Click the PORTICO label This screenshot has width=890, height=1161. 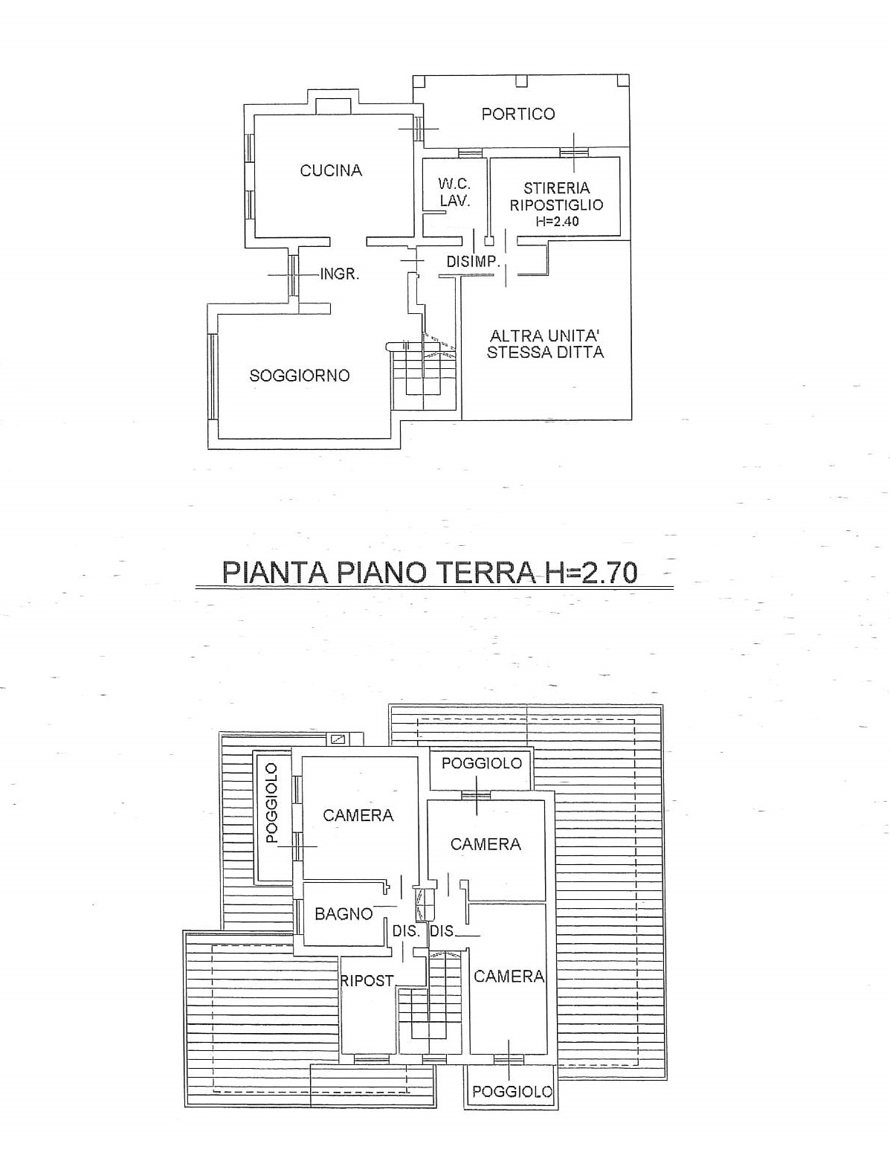click(518, 114)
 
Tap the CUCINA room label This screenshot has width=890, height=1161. click(331, 170)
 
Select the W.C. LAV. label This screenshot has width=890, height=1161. click(454, 193)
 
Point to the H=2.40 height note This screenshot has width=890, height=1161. click(558, 221)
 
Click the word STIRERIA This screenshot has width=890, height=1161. click(556, 188)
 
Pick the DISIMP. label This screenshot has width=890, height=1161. click(473, 262)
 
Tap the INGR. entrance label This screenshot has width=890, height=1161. click(340, 274)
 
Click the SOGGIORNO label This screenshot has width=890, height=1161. click(300, 376)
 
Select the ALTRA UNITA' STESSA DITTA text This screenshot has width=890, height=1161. click(545, 344)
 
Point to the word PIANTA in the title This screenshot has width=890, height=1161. click(274, 572)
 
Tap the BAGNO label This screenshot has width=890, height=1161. click(344, 913)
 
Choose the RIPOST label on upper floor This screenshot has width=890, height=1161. click(367, 981)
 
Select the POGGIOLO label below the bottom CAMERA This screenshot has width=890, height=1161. click(512, 1091)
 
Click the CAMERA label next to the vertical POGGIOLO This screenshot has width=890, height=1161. click(358, 815)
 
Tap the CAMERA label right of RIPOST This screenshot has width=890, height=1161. click(509, 977)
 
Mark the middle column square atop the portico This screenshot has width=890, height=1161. click(521, 80)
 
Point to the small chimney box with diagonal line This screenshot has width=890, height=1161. click(338, 739)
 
